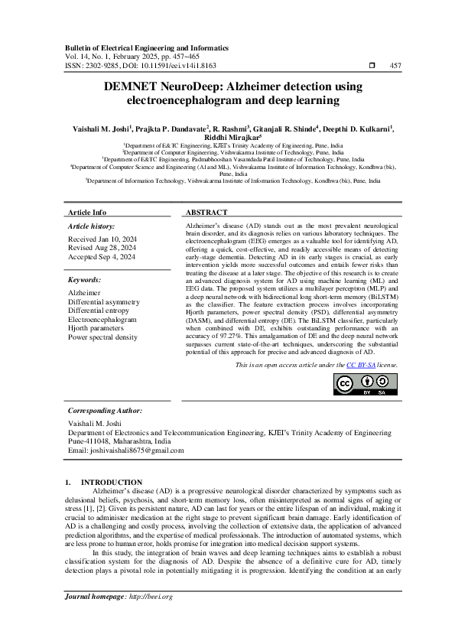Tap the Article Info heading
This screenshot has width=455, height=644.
point(87,212)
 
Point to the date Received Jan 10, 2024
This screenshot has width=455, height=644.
point(102,239)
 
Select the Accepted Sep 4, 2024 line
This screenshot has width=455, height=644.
point(102,257)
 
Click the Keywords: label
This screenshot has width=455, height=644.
point(84,281)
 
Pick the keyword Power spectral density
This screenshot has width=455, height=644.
point(103,337)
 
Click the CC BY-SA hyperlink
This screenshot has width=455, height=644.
point(360,366)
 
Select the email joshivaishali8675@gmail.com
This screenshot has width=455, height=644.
point(135,450)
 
